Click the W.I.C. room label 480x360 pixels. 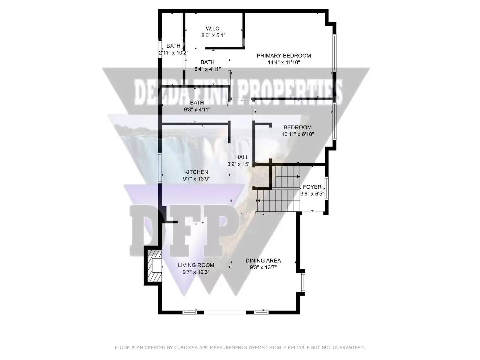coord(213,29)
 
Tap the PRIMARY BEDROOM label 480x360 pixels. coord(284,56)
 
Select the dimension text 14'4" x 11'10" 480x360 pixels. coord(284,62)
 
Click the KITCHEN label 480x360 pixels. coord(196,172)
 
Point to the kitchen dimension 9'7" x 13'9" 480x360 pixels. coord(196,179)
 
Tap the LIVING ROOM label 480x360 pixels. coord(196,265)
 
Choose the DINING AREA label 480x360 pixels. coord(263,261)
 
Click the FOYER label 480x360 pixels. coord(312,187)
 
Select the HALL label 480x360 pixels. coord(242,157)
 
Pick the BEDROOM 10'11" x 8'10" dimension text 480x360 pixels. coord(298,134)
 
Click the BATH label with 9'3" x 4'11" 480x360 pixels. coord(197,103)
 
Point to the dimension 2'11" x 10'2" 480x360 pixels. coord(173,53)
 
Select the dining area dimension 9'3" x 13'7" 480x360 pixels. coord(263,267)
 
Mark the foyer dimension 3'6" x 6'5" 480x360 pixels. coord(312,194)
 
